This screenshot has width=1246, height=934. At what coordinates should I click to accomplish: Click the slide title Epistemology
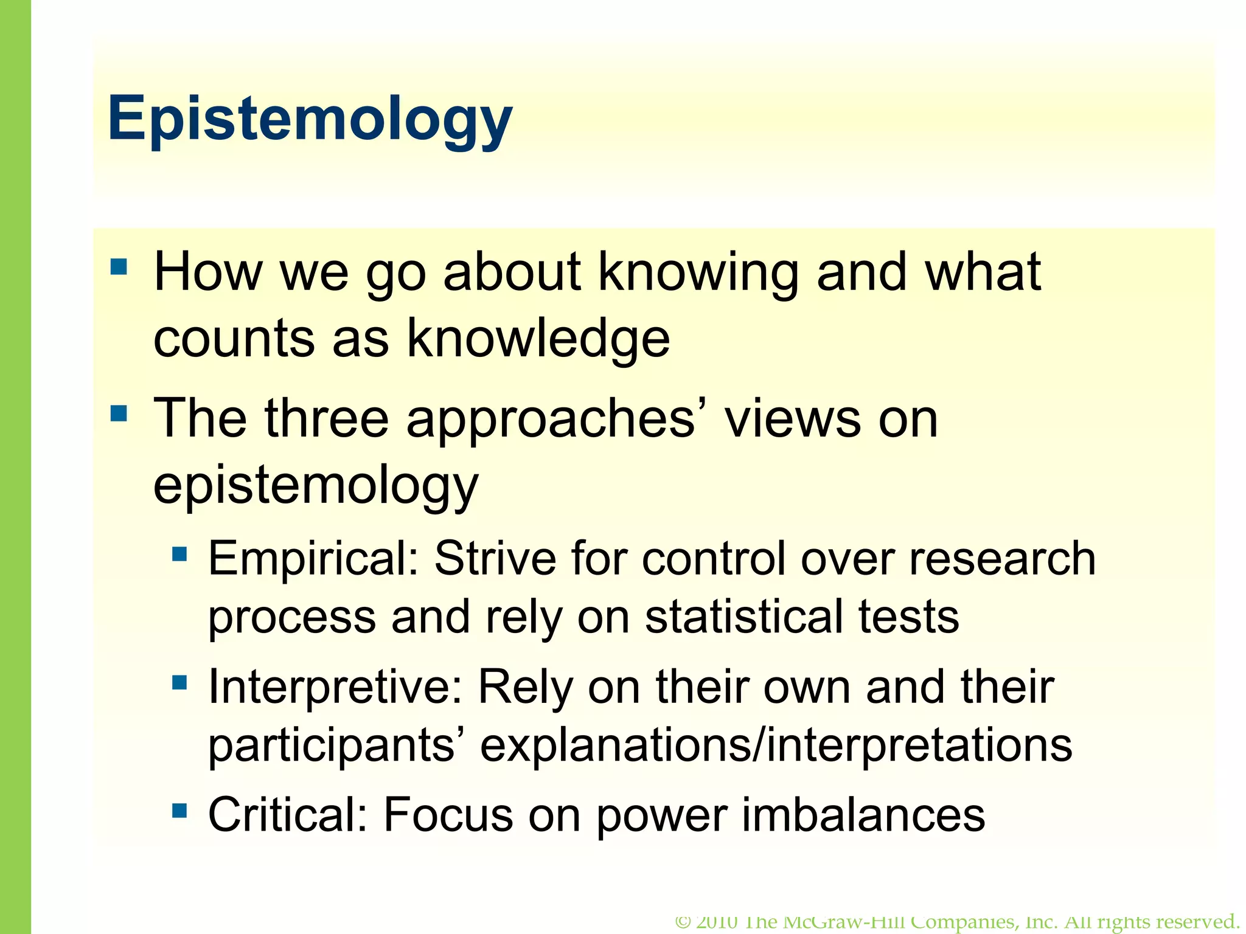(310, 119)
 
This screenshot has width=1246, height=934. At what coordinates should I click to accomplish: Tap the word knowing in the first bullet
(698, 274)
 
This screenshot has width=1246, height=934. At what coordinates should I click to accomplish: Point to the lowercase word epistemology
(316, 486)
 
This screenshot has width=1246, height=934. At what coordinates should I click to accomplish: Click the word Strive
(495, 558)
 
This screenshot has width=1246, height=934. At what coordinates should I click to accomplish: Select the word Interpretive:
(335, 687)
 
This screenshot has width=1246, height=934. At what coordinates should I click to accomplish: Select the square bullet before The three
(119, 414)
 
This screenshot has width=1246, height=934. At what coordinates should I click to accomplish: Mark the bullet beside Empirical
(179, 553)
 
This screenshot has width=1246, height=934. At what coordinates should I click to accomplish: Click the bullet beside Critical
(179, 811)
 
